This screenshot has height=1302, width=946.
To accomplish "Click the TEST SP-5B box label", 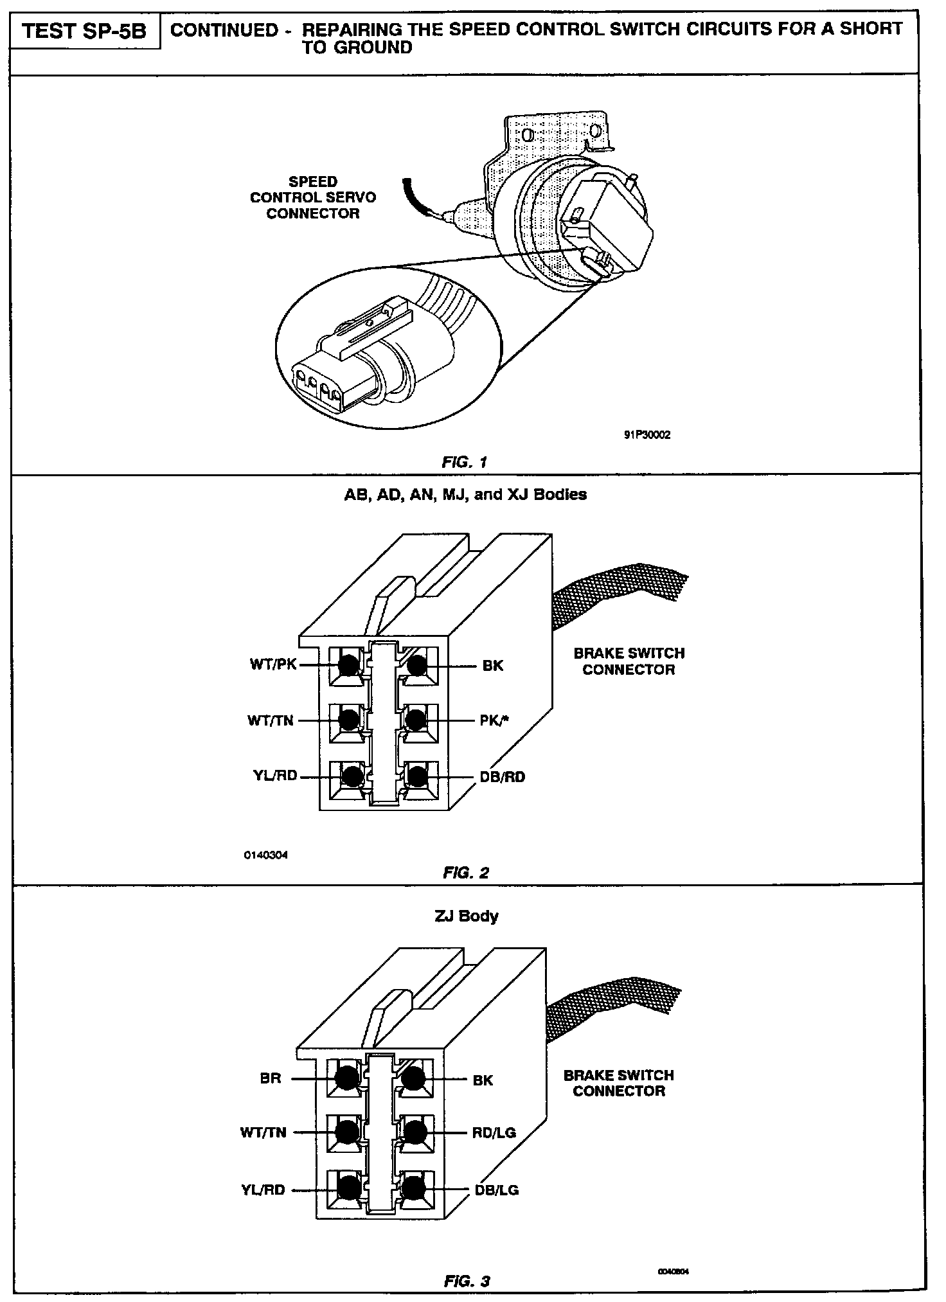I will pyautogui.click(x=84, y=32).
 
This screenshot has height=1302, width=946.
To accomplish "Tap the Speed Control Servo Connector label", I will pyautogui.click(x=313, y=198).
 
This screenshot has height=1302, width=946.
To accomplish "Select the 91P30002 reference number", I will pyautogui.click(x=647, y=435).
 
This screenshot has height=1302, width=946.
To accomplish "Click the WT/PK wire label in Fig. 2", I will pyautogui.click(x=273, y=664).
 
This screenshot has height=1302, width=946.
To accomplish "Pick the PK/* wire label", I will pyautogui.click(x=495, y=720).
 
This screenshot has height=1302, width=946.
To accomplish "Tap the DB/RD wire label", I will pyautogui.click(x=502, y=777).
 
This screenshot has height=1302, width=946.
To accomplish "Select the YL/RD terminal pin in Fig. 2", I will pyautogui.click(x=350, y=776).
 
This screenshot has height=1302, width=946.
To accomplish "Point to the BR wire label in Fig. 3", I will pyautogui.click(x=271, y=1078).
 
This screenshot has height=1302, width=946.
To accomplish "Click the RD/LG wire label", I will pyautogui.click(x=494, y=1132).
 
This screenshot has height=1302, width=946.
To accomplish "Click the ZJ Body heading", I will pyautogui.click(x=466, y=915).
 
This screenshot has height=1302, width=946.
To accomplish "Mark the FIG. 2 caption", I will pyautogui.click(x=466, y=872).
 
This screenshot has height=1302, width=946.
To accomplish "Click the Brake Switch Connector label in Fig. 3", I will pyautogui.click(x=618, y=1083).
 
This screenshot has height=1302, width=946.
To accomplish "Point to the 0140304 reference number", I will pyautogui.click(x=265, y=855).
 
